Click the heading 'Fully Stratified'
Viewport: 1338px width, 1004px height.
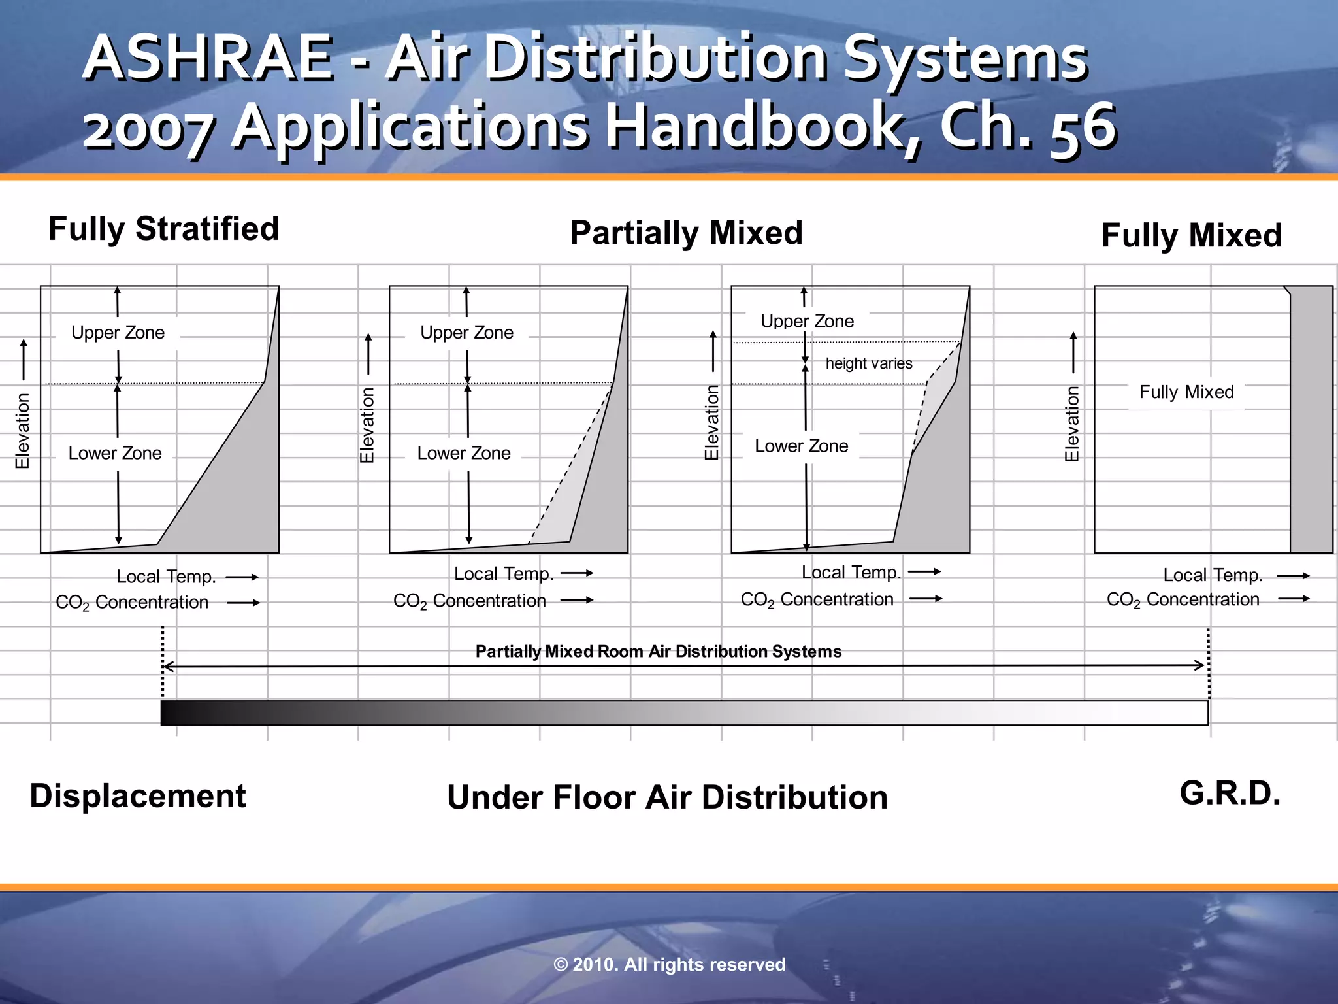click(x=163, y=229)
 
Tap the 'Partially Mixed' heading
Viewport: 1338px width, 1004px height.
click(x=686, y=233)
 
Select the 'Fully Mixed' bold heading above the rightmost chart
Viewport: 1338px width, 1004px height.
click(x=1191, y=235)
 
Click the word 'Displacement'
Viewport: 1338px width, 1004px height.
click(x=138, y=796)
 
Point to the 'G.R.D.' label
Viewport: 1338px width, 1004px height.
click(x=1230, y=794)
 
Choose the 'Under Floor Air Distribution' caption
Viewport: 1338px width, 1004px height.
click(x=667, y=797)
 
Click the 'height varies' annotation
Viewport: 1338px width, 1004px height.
click(x=868, y=363)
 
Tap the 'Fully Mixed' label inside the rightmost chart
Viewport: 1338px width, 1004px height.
click(x=1186, y=392)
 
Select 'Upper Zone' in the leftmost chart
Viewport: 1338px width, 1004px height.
click(x=118, y=333)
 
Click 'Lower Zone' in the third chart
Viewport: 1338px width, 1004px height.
click(x=801, y=446)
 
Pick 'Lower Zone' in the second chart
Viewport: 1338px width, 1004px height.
click(x=464, y=453)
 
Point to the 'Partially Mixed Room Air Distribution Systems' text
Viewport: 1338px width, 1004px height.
click(x=658, y=652)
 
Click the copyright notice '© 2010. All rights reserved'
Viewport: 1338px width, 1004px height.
click(x=669, y=965)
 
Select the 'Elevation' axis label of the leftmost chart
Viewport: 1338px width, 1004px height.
click(x=23, y=431)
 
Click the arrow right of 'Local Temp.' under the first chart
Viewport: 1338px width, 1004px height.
click(x=242, y=577)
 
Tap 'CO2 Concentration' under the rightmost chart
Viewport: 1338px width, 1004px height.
click(x=1183, y=599)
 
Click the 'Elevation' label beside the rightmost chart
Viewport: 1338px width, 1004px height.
click(x=1072, y=424)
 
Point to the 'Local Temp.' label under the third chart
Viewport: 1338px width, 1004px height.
click(x=851, y=573)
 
